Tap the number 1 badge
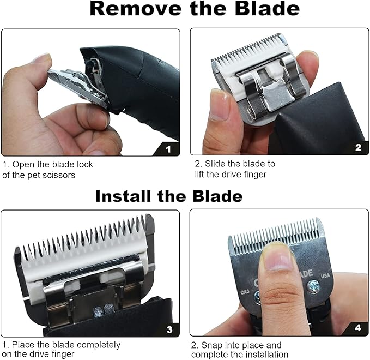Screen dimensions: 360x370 click(x=168, y=148)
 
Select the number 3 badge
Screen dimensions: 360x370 click(x=169, y=329)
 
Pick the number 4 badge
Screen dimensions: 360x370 click(x=358, y=328)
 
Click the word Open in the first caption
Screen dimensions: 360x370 click(x=23, y=164)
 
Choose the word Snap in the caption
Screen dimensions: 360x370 click(x=214, y=345)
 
